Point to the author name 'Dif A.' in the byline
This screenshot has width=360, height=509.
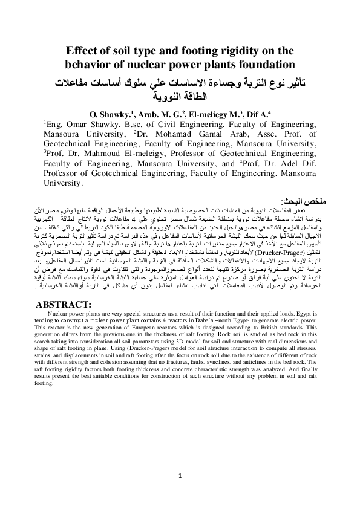tap(250, 113)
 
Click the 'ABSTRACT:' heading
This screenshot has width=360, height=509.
tap(64, 303)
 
